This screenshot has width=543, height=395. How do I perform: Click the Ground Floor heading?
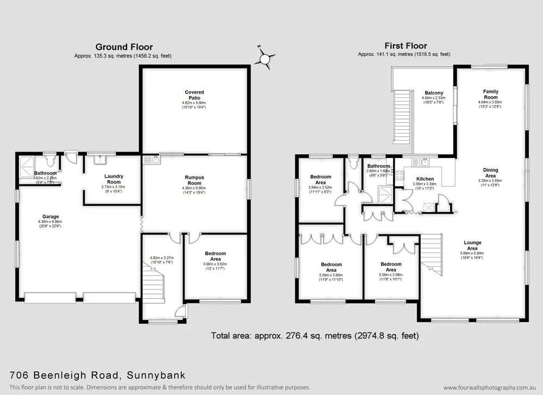[124, 47]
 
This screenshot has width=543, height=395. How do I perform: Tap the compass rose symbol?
[266, 58]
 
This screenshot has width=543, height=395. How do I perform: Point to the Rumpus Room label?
[194, 180]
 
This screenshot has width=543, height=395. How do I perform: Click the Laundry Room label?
[114, 179]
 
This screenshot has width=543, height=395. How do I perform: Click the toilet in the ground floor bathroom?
[50, 160]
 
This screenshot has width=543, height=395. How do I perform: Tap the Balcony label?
[434, 93]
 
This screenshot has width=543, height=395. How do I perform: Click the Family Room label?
[490, 95]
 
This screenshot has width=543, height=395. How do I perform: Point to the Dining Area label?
[490, 173]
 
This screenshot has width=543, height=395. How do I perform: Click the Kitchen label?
[425, 179]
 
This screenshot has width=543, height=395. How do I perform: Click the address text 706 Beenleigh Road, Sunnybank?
[98, 375]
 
